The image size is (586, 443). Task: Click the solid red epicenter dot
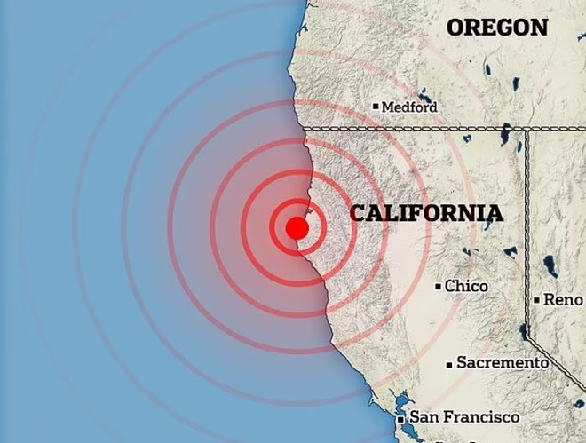coord(297,228)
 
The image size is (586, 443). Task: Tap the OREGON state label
coord(497,28)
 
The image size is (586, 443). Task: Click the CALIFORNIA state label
coord(426,213)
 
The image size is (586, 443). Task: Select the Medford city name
coord(409,107)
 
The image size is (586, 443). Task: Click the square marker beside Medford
coord(376,107)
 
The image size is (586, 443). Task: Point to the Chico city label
coord(466,286)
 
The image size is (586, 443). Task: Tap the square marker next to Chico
coord(439,286)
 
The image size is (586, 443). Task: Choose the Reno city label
coord(564,300)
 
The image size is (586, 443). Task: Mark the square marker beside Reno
coord(537,300)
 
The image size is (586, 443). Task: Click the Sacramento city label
coord(503,362)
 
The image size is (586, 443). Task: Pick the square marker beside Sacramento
coord(450,363)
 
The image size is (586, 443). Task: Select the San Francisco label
coord(464,416)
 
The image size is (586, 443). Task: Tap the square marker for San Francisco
coord(402,417)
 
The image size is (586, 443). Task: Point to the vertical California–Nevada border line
coord(527,222)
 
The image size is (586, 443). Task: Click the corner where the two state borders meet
coord(527,129)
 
